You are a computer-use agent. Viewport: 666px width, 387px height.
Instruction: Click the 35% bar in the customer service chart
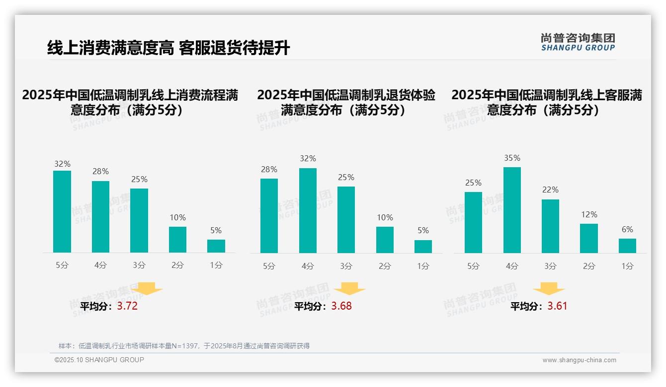point(512,210)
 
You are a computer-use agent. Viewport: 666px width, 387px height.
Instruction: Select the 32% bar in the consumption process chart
point(62,212)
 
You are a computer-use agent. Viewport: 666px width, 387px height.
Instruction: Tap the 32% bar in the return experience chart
point(308,211)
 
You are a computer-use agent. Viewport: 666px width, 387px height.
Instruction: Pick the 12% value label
point(589,215)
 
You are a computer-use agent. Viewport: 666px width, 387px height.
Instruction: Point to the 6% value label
point(627,230)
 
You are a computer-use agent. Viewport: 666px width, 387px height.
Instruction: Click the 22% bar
point(550,226)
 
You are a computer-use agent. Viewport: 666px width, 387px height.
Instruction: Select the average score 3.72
point(127,306)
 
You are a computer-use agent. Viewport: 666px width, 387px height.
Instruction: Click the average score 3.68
point(341,306)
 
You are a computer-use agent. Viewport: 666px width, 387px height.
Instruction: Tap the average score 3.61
point(557,306)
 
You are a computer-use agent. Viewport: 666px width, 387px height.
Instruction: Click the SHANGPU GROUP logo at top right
point(578,42)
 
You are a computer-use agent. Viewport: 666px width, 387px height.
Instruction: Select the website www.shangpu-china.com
point(579,360)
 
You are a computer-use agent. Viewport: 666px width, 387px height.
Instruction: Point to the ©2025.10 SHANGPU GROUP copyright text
point(99,360)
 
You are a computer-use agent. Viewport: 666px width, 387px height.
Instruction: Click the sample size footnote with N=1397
point(184,346)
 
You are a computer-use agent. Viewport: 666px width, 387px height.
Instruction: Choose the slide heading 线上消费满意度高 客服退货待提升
point(168,48)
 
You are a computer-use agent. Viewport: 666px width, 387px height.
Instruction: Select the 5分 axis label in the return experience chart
point(269,266)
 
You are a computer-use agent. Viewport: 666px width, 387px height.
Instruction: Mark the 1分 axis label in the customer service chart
point(627,266)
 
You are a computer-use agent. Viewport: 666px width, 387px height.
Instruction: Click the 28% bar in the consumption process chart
point(100,217)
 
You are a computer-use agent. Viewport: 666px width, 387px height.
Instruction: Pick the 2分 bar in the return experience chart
point(385,240)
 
